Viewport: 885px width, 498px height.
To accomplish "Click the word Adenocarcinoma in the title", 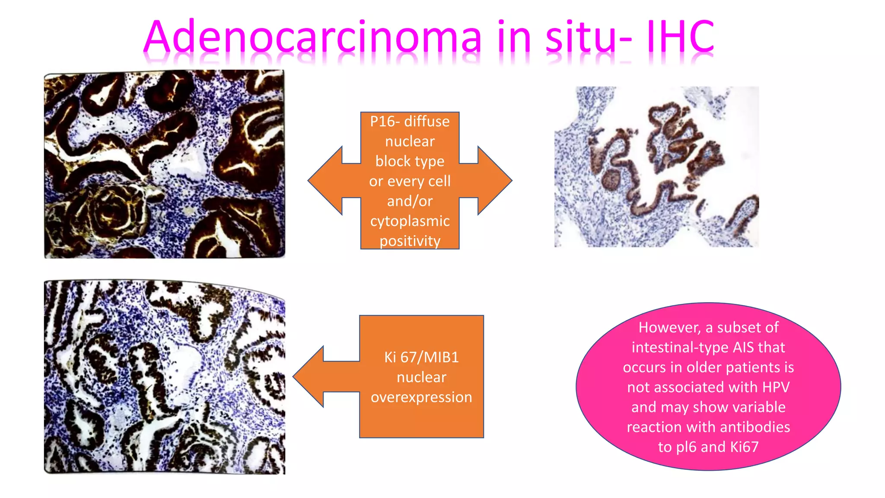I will click(312, 37).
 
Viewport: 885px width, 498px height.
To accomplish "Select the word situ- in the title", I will click(589, 37).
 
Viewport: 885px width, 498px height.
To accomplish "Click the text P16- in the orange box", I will click(382, 121).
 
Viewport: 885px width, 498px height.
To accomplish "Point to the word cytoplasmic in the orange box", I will click(410, 221).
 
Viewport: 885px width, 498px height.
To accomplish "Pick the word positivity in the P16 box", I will click(410, 241).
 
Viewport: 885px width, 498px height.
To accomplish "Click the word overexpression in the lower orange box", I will click(421, 397).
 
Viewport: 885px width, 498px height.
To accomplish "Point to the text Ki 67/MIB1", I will click(421, 357).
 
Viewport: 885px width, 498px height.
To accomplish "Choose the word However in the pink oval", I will click(669, 327).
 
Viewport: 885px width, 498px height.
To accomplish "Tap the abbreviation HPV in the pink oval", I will click(776, 387).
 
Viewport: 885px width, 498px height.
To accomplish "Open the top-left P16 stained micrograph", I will click(164, 164).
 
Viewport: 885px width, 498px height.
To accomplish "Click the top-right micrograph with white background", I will click(656, 167).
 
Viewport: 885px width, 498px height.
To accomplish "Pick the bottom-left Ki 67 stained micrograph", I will click(164, 377).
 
